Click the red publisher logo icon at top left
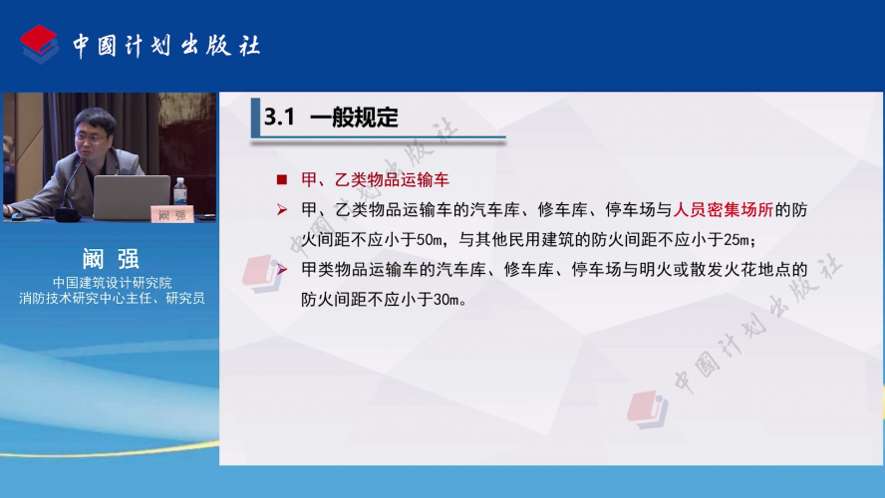pos(39,44)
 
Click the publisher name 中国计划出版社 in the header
pos(166,46)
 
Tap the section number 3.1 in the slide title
pos(279,117)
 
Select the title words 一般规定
pos(354,118)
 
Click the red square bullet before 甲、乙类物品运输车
pos(282,180)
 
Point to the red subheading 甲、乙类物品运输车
pos(375,180)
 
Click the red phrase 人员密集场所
pos(723,210)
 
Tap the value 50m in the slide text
pos(429,240)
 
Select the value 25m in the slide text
pos(736,240)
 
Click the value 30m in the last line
pos(445,300)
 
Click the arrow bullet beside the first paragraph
pos(282,210)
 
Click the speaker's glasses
pos(91,137)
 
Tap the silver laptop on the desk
pos(132,197)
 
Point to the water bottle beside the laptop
pos(180,192)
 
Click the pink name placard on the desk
pos(172,214)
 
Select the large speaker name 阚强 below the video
pos(111,259)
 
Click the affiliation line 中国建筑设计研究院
pos(112,282)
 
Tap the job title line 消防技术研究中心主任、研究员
pos(112,298)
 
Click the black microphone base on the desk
pos(67,215)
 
